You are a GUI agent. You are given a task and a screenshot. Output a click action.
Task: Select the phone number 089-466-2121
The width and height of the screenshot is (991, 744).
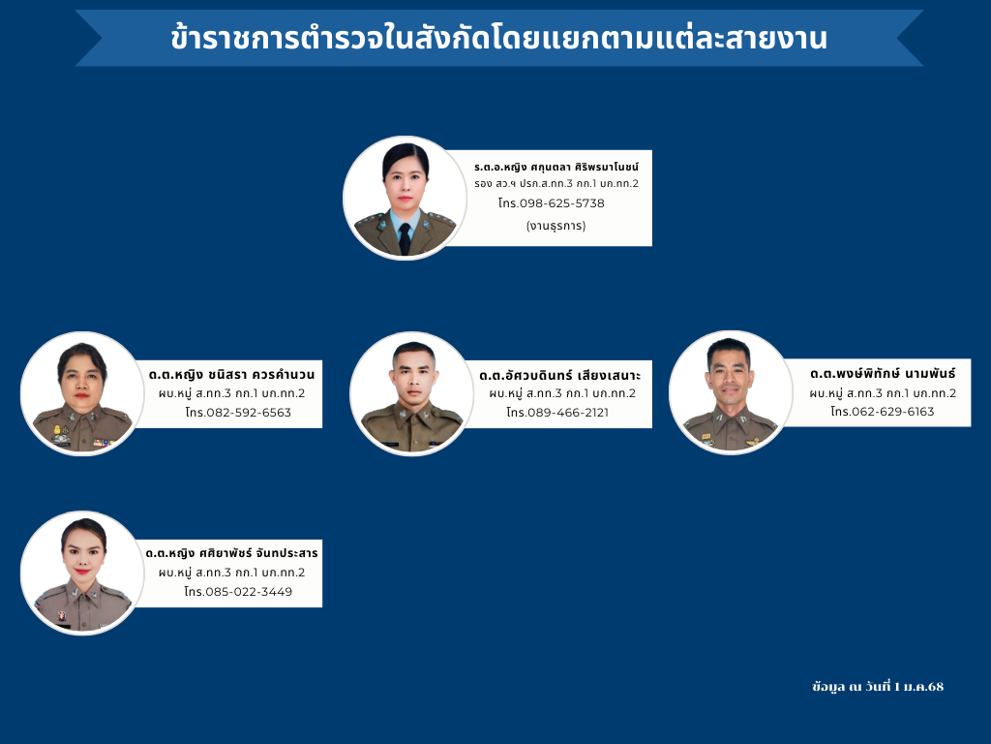tap(567, 413)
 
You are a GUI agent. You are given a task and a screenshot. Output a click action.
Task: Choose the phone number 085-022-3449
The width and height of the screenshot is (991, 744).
tap(249, 592)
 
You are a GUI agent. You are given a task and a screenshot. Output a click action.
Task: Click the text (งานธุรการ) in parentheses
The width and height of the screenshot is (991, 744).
tap(556, 225)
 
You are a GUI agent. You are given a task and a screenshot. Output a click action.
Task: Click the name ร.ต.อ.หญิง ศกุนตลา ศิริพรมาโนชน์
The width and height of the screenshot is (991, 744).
tap(556, 167)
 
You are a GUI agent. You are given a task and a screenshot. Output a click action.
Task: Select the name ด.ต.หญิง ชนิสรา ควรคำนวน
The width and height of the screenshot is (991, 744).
tap(231, 374)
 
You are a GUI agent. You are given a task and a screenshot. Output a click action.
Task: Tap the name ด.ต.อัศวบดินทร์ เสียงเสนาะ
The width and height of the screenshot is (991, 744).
tap(559, 375)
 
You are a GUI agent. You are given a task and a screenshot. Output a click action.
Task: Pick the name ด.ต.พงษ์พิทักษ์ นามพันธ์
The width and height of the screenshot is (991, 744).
tap(883, 373)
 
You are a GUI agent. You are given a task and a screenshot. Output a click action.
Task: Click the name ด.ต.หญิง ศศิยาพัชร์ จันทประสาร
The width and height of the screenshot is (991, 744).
tap(231, 553)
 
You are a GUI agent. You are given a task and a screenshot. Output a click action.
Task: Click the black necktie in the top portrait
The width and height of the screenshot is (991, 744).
tap(405, 238)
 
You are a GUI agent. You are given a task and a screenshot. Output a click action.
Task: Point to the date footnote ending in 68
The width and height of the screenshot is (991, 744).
tap(878, 687)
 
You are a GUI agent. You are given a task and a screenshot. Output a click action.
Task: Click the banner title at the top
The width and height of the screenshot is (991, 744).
tap(498, 38)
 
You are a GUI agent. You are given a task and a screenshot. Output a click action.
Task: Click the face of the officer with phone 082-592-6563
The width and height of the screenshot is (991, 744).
tap(81, 381)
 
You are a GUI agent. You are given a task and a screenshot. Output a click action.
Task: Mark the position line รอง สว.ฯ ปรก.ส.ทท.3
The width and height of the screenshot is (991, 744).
tap(556, 183)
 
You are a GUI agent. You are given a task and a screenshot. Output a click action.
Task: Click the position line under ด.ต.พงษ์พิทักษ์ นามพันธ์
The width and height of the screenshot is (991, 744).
tap(883, 393)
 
